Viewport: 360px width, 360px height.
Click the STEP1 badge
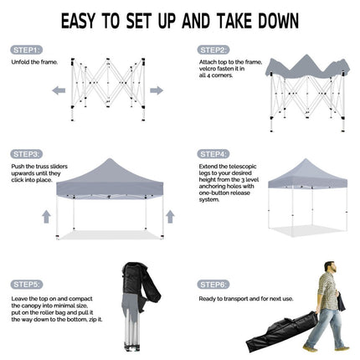pos(27,50)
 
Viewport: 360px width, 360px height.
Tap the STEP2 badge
pos(213,50)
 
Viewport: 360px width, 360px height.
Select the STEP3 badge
pos(27,154)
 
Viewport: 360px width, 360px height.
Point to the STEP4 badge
pos(213,154)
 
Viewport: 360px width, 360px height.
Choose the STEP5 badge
pos(27,285)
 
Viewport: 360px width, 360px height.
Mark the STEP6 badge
pos(213,285)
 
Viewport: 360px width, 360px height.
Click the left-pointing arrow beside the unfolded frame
pos(59,90)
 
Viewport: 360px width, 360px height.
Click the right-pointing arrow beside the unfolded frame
pos(157,90)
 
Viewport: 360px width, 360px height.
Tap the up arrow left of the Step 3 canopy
pos(47,217)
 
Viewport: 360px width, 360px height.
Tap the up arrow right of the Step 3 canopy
pos(170,217)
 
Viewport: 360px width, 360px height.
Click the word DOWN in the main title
pos(278,21)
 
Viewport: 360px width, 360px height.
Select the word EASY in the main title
pos(79,21)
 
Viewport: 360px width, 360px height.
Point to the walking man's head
pos(331,267)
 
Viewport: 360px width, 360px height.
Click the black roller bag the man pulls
pos(282,332)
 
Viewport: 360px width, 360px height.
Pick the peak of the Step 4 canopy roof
pos(306,159)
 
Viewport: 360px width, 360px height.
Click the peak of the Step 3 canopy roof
pos(110,159)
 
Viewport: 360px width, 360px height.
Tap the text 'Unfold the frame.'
pos(34,62)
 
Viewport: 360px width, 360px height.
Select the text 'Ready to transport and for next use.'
pos(246,299)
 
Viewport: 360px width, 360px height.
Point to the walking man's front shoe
pos(311,347)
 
